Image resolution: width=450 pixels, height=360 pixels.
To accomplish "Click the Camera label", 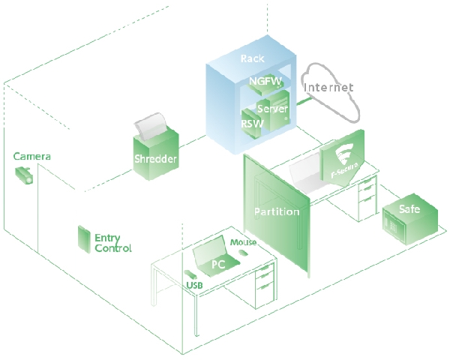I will [32, 157].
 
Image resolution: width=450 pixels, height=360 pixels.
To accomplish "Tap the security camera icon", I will [24, 175].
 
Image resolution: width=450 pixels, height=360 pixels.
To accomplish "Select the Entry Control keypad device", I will [81, 238].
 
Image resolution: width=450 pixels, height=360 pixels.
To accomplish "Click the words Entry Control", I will [112, 243].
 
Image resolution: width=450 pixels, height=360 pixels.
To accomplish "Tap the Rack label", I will [253, 58].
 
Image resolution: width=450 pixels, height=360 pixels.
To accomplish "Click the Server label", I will [273, 109].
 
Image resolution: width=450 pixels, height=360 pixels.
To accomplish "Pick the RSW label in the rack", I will [250, 123].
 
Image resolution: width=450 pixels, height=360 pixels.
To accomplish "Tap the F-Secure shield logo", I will [344, 158].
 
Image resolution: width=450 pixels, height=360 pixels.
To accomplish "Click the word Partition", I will [277, 211].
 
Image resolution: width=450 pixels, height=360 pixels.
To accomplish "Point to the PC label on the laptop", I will [218, 264].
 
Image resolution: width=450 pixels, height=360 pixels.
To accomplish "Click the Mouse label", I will [244, 242].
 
